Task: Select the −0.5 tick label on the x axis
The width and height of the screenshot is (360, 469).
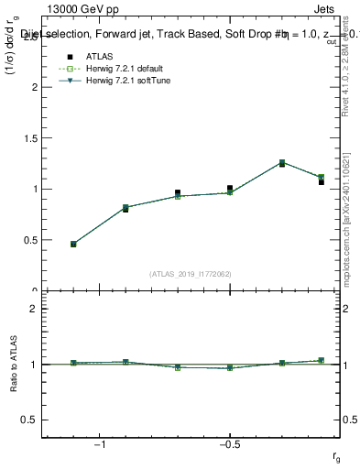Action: [x=228, y=444]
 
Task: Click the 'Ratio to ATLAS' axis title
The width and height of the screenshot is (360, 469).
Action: [x=13, y=364]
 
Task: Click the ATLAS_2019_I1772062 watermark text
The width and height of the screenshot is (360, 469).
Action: [x=191, y=273]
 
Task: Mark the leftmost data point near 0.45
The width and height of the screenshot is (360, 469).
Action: [x=73, y=245]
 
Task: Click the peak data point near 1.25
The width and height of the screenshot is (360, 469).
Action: [x=281, y=163]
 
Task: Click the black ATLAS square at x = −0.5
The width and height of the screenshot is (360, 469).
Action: [x=230, y=188]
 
